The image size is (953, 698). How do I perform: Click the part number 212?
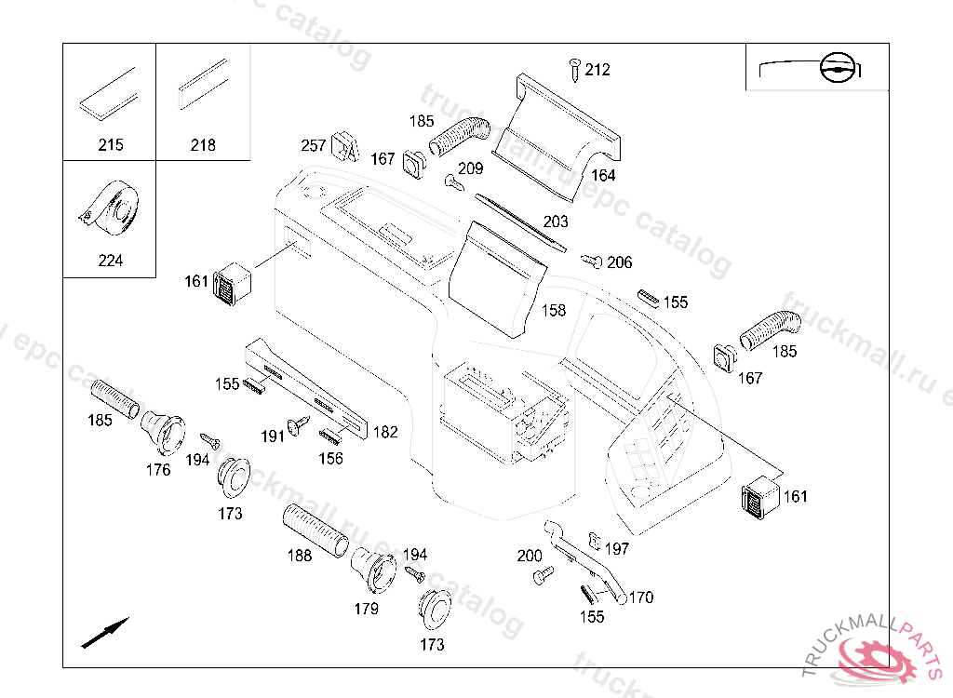(x=597, y=70)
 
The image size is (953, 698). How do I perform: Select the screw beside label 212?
(x=574, y=70)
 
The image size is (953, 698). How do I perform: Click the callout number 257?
(x=314, y=145)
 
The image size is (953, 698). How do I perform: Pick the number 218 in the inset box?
(x=203, y=145)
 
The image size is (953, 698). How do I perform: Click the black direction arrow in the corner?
(x=105, y=632)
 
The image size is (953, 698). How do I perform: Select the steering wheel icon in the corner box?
(x=837, y=68)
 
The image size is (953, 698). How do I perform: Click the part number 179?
(x=367, y=609)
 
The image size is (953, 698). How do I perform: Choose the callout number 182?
(x=385, y=433)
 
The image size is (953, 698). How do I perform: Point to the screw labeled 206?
(x=591, y=261)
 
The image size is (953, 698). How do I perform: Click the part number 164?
(x=603, y=176)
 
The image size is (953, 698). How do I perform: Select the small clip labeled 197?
(x=595, y=540)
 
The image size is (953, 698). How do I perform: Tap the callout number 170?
(x=641, y=597)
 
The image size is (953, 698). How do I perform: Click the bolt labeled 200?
(x=544, y=574)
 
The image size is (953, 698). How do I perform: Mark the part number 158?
(x=554, y=311)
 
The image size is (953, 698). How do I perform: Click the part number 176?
(x=158, y=470)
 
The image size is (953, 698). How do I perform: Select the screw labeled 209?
(x=454, y=181)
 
